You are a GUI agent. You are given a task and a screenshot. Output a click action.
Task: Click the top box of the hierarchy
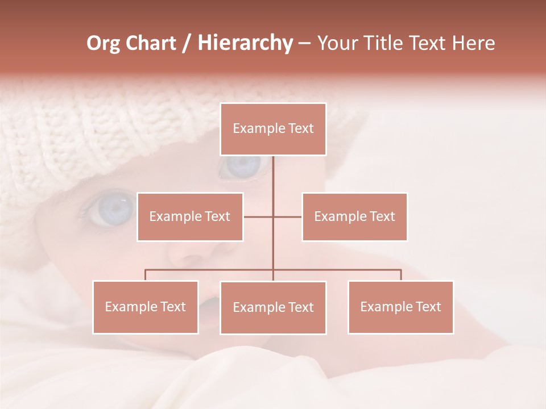[273, 129]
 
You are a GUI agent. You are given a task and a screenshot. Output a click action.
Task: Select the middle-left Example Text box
[190, 216]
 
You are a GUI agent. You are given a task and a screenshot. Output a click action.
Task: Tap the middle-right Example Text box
[354, 216]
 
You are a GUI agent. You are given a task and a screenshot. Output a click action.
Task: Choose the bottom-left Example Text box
[145, 307]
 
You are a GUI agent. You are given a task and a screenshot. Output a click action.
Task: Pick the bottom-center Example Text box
[273, 307]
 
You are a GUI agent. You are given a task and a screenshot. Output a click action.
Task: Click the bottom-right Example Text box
[400, 307]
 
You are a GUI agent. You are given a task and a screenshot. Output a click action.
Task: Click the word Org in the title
[103, 43]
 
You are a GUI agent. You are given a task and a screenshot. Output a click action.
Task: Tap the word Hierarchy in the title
[245, 43]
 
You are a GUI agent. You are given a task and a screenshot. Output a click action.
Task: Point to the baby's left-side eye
[111, 208]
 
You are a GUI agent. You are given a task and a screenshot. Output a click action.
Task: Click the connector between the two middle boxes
[259, 216]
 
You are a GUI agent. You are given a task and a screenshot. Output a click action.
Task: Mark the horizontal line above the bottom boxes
[341, 270]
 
